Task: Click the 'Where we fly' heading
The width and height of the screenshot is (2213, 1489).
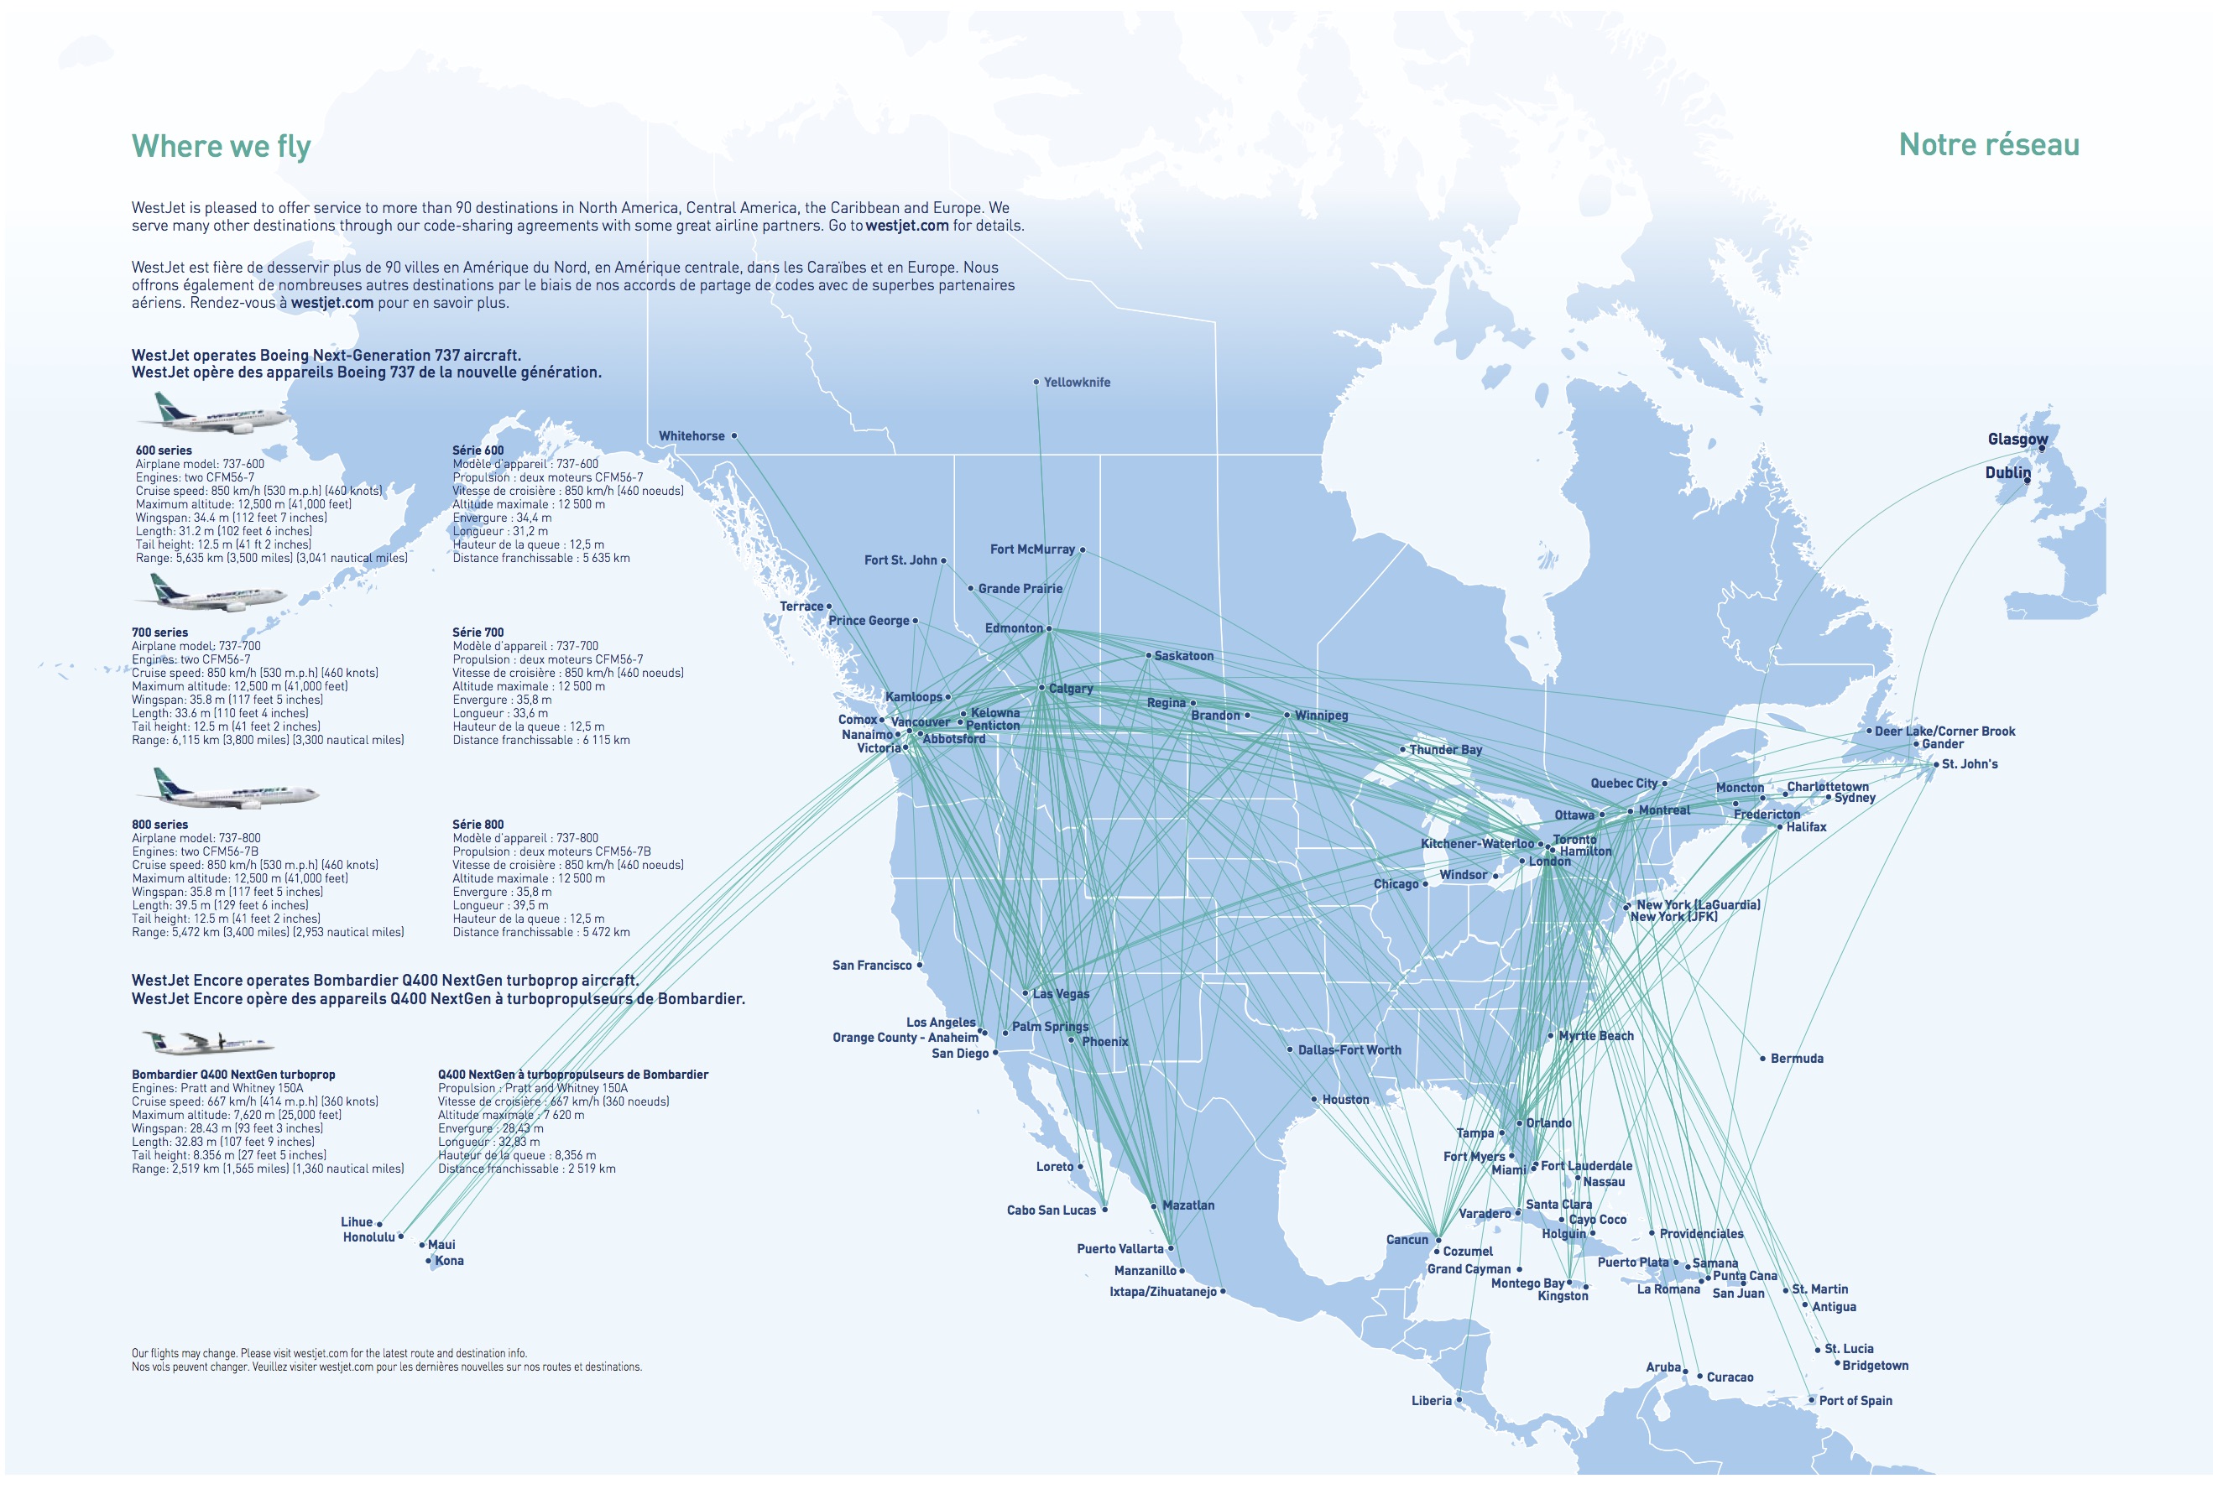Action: coord(222,146)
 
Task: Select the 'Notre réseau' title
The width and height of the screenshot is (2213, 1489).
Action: coord(1988,144)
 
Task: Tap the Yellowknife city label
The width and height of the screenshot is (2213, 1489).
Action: coord(1076,383)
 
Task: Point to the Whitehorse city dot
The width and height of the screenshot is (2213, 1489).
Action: coord(734,436)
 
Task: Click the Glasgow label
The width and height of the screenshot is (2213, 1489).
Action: coord(2017,439)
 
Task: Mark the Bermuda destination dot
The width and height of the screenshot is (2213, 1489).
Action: coord(1763,1058)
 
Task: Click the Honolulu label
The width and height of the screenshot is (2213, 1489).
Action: coord(368,1237)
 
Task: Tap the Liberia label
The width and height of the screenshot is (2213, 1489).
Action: coord(1432,1401)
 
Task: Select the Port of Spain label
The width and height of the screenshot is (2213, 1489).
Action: coord(1855,1401)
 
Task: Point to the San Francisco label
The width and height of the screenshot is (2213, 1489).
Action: coord(871,966)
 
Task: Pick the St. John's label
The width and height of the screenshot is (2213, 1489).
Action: coord(1969,764)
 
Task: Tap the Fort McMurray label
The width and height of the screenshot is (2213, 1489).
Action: coord(1031,549)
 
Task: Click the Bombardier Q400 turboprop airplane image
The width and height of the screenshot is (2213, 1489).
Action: coord(207,1043)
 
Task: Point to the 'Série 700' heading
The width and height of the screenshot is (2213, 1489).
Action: coord(478,633)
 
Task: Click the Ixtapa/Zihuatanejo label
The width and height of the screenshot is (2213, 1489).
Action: coord(1162,1292)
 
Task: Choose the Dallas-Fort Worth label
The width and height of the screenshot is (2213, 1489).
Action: coord(1349,1050)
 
